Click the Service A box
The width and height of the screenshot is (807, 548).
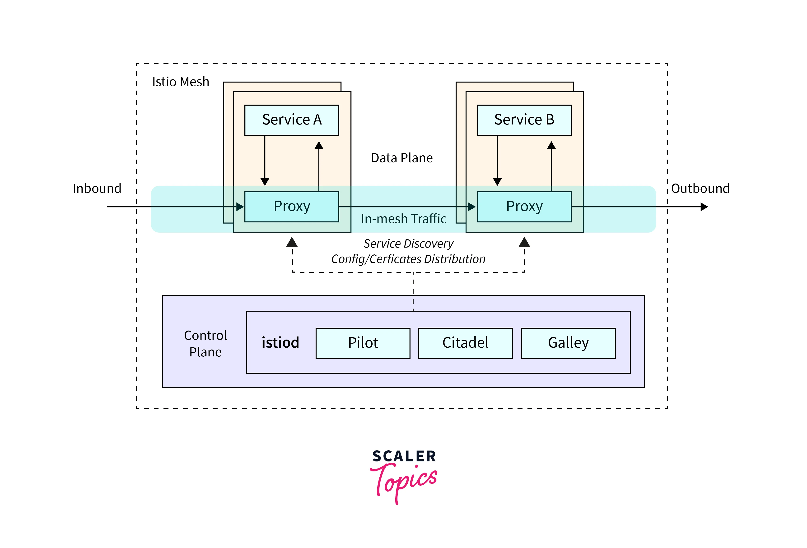(x=292, y=120)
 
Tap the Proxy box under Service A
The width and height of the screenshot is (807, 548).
(x=292, y=207)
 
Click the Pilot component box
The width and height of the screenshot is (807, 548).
(x=363, y=343)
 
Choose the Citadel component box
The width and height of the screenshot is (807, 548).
(x=465, y=343)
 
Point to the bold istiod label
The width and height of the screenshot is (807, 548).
(x=280, y=343)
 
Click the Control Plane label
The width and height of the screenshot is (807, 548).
(x=205, y=344)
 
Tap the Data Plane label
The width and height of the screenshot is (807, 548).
(x=402, y=158)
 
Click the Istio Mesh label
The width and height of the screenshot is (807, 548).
(x=181, y=82)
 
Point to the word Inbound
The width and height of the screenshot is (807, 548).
(x=97, y=189)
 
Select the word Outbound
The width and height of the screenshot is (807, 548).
(x=700, y=189)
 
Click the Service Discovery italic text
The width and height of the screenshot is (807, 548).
(x=408, y=244)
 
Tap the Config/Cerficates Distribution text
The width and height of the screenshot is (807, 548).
(x=408, y=259)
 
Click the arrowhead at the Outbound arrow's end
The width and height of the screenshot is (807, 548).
(x=704, y=207)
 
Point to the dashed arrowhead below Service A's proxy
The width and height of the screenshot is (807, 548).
(x=292, y=242)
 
